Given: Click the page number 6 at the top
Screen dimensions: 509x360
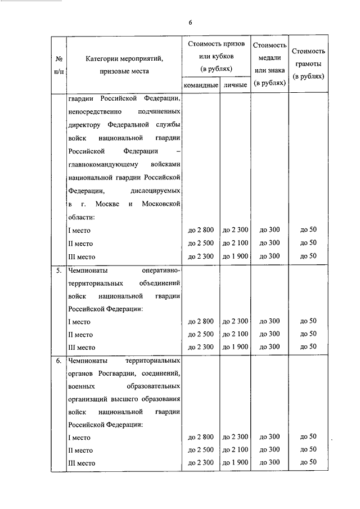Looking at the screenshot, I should click(x=190, y=22).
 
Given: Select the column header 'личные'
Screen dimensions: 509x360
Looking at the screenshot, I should click(x=235, y=85).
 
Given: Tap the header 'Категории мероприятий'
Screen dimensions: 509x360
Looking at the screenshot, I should click(x=124, y=57).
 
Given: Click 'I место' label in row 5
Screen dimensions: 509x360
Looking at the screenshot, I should click(x=79, y=322).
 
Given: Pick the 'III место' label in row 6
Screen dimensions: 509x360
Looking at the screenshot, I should click(x=82, y=463).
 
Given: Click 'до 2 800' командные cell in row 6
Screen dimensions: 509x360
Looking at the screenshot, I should click(x=200, y=436).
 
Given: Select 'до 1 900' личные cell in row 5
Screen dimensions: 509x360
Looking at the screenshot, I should click(x=235, y=347).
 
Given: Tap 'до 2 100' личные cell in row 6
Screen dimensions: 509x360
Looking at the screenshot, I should click(x=235, y=449).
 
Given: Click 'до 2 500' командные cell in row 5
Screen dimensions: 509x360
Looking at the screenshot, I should click(x=200, y=334).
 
